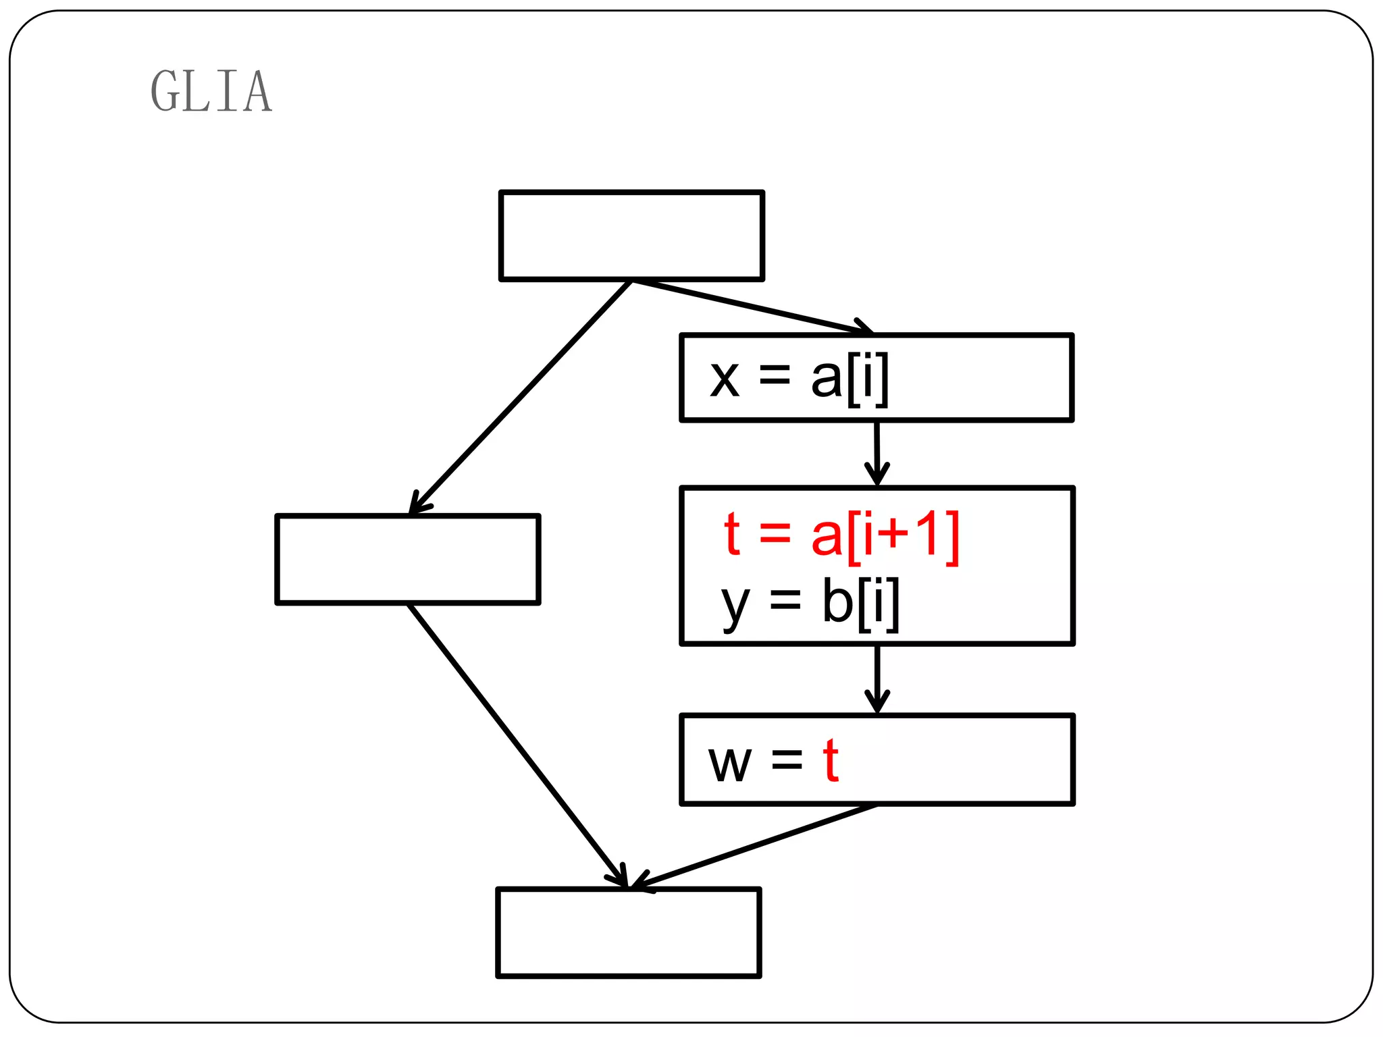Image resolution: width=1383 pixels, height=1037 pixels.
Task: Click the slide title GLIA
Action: [x=211, y=91]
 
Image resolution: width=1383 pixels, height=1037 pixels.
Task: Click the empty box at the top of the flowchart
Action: [x=631, y=236]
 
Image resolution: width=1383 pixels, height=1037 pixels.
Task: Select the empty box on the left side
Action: [x=408, y=559]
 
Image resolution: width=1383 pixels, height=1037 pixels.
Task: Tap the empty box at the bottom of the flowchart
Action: [x=629, y=932]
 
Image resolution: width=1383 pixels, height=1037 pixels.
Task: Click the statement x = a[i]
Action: [x=799, y=378]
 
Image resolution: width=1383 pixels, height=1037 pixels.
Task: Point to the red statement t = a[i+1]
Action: [x=841, y=535]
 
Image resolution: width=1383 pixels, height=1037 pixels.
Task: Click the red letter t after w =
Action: [x=831, y=761]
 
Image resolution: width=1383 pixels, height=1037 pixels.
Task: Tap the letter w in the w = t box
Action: [x=729, y=764]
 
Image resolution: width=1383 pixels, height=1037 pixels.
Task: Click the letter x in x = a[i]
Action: [x=725, y=379]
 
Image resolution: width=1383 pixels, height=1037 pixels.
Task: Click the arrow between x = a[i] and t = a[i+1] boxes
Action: [x=877, y=453]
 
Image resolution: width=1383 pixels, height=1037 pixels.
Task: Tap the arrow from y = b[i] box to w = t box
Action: [x=877, y=679]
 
